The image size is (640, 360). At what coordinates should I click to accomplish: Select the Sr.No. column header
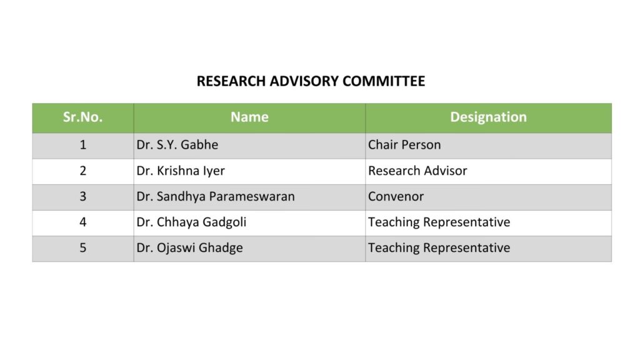coord(82,117)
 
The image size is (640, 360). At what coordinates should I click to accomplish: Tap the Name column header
coord(249,117)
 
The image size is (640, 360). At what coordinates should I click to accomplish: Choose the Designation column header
coord(488,117)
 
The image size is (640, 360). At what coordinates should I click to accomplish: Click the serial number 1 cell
coord(82,145)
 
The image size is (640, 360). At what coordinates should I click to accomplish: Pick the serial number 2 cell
coord(82,171)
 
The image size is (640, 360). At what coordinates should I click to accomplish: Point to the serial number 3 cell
coord(82,196)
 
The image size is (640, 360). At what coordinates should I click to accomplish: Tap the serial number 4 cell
coord(82,222)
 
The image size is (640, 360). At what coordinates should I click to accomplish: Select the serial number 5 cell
coord(82,247)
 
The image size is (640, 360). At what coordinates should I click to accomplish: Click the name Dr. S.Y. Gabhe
coord(177,145)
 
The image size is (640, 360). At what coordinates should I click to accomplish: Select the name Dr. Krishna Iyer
coord(181,171)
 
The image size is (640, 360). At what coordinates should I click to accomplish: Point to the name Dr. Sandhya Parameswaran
coord(216,196)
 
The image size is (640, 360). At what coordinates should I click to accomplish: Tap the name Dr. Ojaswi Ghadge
coord(189,247)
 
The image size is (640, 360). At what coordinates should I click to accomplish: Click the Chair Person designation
coord(404,145)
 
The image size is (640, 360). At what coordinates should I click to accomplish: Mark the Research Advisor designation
coord(417,171)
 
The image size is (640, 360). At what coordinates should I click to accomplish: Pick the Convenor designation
coord(396,196)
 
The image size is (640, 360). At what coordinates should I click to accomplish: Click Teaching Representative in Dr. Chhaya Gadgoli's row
coord(439,222)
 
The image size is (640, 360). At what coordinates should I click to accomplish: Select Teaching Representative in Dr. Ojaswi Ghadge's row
coord(439,247)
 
